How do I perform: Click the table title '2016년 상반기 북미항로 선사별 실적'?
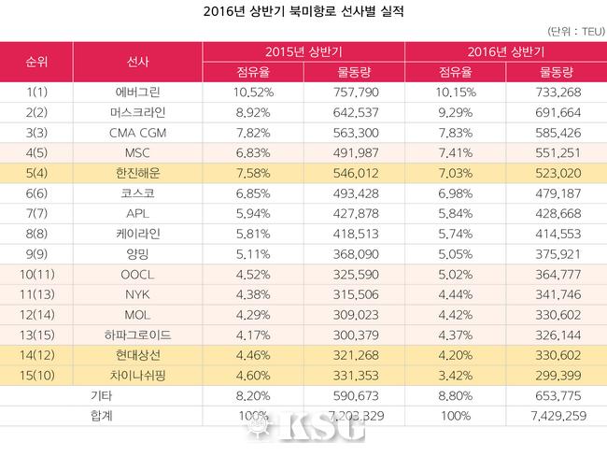point(303,14)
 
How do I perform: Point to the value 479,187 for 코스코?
point(557,192)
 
